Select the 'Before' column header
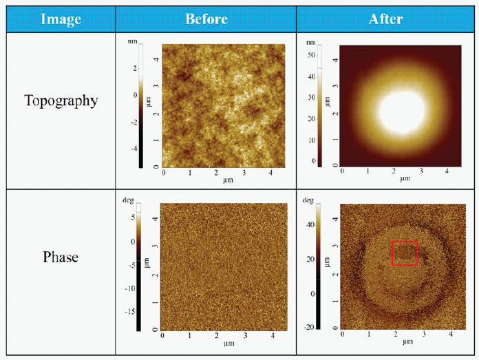point(206,19)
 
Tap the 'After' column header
point(386,19)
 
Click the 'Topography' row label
point(61,100)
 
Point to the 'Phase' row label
point(61,257)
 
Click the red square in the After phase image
point(405,253)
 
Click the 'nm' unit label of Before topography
point(132,42)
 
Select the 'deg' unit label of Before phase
point(128,200)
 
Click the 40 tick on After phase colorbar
point(310,224)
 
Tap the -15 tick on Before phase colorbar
point(129,311)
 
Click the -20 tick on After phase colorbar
point(309,327)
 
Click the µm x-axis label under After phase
point(405,341)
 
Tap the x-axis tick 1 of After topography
point(368,171)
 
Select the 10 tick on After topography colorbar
point(310,140)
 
